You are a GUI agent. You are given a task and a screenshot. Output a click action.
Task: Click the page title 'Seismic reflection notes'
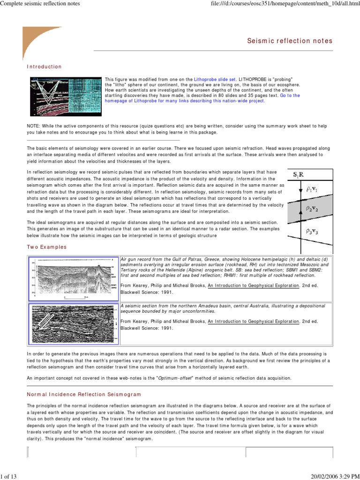point(290,41)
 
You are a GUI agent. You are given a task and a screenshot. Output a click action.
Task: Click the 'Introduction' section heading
point(44,67)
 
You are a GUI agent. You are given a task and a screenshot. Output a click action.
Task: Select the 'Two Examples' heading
point(46,247)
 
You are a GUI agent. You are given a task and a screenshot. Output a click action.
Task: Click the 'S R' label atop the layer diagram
point(298,175)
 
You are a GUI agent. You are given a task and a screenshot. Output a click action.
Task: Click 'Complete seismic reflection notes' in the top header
point(40,4)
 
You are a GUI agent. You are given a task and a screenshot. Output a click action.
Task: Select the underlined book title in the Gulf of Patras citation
point(254,285)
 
